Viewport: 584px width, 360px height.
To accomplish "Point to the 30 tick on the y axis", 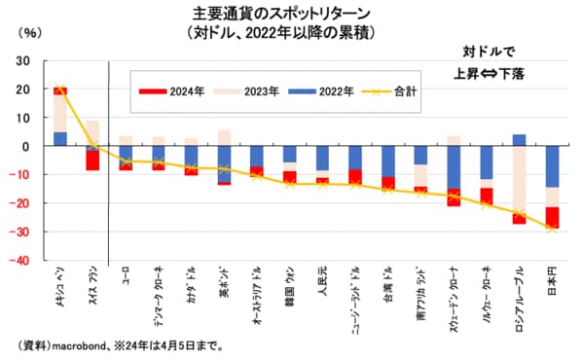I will tap(23, 60).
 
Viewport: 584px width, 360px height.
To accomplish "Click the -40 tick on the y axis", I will tap(20, 261).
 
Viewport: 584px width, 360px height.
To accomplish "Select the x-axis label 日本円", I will tap(553, 288).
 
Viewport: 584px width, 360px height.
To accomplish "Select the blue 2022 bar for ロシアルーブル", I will tap(519, 140).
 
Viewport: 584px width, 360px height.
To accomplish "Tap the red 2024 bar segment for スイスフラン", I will tap(92, 160).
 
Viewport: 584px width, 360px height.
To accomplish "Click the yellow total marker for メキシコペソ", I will tap(60, 90).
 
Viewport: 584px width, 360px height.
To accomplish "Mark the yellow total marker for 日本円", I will tap(552, 229).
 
